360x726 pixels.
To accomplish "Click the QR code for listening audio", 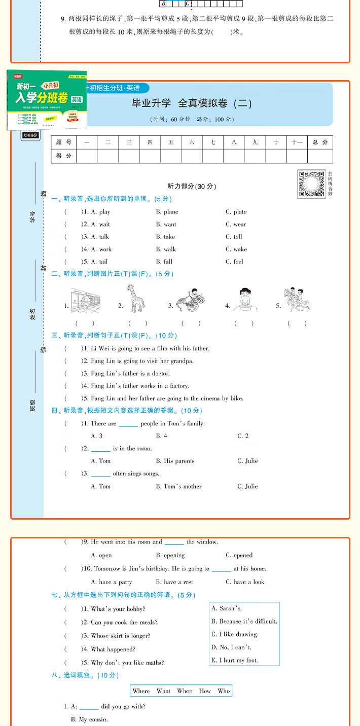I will (x=311, y=184).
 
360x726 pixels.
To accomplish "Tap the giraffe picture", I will (x=136, y=299).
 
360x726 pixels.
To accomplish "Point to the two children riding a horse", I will (x=298, y=300).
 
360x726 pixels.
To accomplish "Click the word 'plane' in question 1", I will (x=167, y=212).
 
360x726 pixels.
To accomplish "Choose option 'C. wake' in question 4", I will (x=236, y=249).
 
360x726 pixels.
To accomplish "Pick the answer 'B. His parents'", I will (x=175, y=461).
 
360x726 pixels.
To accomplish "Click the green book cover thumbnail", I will (x=47, y=100).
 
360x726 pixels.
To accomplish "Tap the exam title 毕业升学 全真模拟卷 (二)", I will (x=192, y=104).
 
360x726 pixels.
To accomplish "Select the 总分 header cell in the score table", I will (x=320, y=142).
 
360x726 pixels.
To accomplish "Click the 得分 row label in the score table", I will (x=64, y=156).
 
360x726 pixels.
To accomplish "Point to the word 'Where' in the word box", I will (x=141, y=691).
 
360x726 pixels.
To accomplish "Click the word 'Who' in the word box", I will (x=224, y=691).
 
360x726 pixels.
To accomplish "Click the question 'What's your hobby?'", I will (x=118, y=609).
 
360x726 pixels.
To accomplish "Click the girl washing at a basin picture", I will (x=245, y=300).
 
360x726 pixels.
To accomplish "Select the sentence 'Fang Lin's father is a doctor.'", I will (x=130, y=374).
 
